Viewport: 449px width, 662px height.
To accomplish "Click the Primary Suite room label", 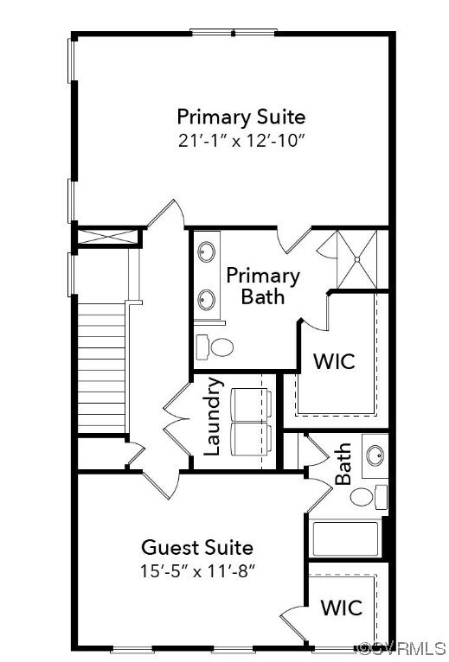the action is click(x=241, y=118).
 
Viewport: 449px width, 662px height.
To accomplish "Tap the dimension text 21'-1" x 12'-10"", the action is click(x=241, y=141).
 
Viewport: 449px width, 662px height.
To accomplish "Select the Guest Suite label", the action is click(x=197, y=548).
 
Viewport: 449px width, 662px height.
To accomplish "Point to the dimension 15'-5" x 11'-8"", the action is click(x=197, y=571).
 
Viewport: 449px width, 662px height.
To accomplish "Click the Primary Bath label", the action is click(x=262, y=286).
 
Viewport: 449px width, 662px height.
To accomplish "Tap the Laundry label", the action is click(x=213, y=417).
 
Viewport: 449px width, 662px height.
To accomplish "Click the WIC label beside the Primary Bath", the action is click(x=334, y=361).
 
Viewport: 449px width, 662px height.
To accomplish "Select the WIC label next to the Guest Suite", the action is click(x=342, y=608).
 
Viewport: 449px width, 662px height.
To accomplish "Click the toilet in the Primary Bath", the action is click(x=215, y=347).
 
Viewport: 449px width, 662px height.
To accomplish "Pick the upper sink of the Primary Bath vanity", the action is click(x=206, y=252).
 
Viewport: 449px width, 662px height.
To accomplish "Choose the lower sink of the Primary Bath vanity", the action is click(x=206, y=300).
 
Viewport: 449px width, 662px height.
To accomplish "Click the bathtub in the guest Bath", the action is click(x=345, y=538).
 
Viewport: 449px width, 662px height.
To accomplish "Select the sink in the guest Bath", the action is click(x=375, y=455).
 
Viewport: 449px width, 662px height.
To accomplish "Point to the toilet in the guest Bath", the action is click(x=369, y=497).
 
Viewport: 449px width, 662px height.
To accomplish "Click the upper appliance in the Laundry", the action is click(x=251, y=404).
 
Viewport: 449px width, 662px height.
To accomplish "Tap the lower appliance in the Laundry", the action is click(x=251, y=440).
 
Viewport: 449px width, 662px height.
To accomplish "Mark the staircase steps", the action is click(x=101, y=368).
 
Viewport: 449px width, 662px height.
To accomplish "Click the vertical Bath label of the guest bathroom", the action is click(x=343, y=463).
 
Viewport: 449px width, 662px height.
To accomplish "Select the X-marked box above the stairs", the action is click(x=108, y=237).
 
